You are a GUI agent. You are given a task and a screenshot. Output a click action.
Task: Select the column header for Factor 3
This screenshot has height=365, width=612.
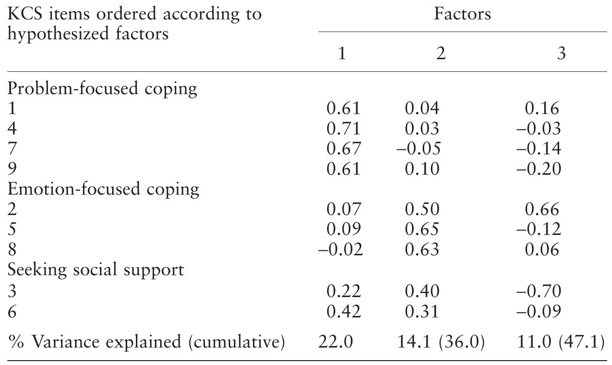point(561,53)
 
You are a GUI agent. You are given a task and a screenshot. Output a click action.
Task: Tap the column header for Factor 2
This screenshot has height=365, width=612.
point(440,53)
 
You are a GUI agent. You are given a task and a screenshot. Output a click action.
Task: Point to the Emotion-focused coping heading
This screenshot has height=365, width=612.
point(103,189)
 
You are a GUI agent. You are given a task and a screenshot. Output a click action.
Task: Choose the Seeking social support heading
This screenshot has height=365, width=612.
point(96,269)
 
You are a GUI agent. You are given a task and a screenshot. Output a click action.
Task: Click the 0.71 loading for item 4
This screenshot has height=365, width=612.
point(344,129)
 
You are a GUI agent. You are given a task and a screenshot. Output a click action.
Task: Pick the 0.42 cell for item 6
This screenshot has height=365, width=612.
point(344,311)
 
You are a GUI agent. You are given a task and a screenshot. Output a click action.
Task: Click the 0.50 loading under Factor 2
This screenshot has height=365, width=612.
point(422,209)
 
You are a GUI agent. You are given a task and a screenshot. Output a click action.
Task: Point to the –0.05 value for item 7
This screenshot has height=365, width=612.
point(418,149)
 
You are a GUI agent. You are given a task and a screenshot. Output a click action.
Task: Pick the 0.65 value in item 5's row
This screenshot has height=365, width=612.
point(422,229)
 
